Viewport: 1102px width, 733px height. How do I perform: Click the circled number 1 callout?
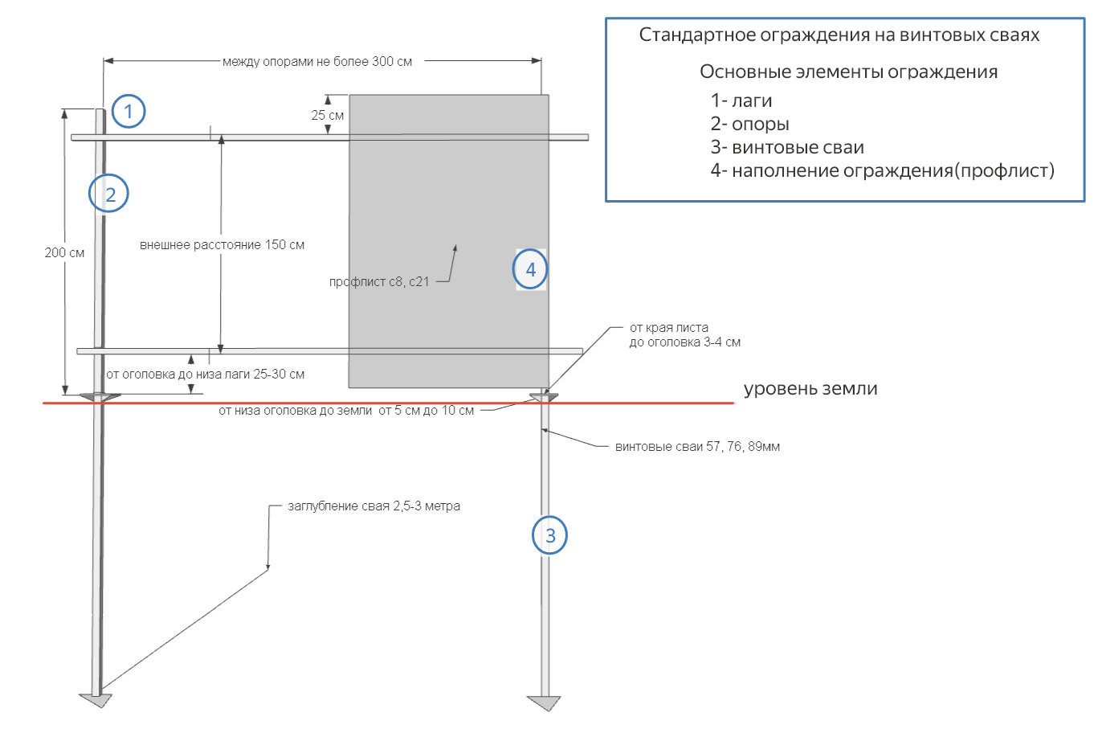tap(129, 111)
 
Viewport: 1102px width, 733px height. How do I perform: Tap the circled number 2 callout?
tap(109, 194)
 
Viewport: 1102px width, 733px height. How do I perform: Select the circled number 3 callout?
tap(550, 535)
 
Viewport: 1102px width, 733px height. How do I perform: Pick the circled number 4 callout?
tap(530, 269)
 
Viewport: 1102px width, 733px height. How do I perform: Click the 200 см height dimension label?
tap(64, 252)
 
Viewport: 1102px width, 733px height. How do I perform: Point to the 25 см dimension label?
tap(327, 115)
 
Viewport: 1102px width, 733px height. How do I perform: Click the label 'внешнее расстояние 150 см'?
tap(222, 245)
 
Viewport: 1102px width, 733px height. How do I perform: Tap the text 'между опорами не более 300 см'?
tap(317, 61)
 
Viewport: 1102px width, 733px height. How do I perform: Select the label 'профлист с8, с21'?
tap(379, 282)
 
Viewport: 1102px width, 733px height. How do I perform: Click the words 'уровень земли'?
tap(810, 389)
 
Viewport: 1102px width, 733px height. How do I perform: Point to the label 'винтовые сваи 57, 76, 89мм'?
tap(697, 447)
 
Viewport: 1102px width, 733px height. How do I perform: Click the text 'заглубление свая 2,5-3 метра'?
tap(373, 506)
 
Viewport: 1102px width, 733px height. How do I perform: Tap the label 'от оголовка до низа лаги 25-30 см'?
tap(206, 374)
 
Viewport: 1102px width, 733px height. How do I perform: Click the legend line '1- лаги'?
tap(741, 101)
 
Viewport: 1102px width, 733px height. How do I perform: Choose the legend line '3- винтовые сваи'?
tap(786, 148)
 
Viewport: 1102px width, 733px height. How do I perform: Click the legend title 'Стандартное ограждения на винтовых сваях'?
tap(839, 35)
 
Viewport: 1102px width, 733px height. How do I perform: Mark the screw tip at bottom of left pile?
tap(96, 700)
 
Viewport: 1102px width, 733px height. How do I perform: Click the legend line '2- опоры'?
tap(749, 125)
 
